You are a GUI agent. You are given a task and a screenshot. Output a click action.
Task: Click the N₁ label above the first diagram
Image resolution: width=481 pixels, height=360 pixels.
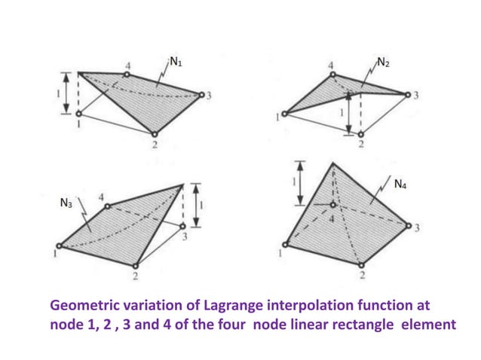click(x=175, y=62)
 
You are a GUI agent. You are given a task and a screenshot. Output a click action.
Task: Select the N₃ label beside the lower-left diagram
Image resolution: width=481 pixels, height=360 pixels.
click(x=67, y=203)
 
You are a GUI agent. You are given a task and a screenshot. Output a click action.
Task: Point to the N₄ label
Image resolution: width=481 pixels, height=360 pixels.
click(x=400, y=185)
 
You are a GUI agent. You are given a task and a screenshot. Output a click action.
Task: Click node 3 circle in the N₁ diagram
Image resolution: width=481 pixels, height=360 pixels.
click(x=201, y=95)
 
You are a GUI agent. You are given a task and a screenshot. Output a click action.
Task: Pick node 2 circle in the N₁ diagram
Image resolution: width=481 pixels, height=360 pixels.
click(x=155, y=135)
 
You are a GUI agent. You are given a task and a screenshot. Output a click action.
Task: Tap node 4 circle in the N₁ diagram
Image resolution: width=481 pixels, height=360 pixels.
click(x=127, y=75)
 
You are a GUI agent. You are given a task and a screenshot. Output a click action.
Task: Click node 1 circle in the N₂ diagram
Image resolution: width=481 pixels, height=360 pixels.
click(x=285, y=114)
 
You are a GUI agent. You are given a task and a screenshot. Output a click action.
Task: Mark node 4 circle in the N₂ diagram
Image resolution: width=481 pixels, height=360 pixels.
click(x=332, y=75)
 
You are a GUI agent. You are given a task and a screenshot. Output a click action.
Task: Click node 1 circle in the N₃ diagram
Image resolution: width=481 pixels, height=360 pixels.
click(x=60, y=246)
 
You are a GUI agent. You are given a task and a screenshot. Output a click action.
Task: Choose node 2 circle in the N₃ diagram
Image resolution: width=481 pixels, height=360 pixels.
click(x=135, y=266)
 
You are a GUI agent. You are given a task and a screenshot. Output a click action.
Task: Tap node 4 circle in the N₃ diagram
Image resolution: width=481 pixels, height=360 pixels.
click(x=107, y=206)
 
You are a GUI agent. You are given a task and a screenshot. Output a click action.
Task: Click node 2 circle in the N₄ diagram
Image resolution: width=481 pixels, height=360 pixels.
click(x=361, y=266)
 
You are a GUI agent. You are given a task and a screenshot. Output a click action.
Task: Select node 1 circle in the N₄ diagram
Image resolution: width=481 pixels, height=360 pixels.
click(x=286, y=244)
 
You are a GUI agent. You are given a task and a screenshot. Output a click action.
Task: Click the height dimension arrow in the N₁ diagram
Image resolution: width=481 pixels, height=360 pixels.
click(x=67, y=92)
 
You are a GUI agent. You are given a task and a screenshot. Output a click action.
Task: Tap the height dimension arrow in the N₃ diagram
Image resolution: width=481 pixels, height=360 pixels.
click(x=195, y=205)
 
